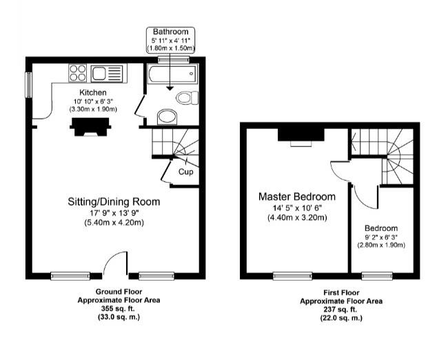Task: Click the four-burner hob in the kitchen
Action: [77, 72]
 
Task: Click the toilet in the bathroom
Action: [185, 98]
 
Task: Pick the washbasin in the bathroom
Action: [166, 117]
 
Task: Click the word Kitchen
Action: [92, 92]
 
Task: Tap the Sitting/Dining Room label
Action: [113, 202]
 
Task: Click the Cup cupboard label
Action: [185, 172]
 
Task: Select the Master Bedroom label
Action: [296, 197]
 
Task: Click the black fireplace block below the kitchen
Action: [91, 126]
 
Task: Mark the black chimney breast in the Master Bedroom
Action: [300, 133]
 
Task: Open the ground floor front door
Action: [115, 264]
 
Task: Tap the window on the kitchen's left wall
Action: [29, 84]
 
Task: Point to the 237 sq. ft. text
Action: [331, 310]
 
